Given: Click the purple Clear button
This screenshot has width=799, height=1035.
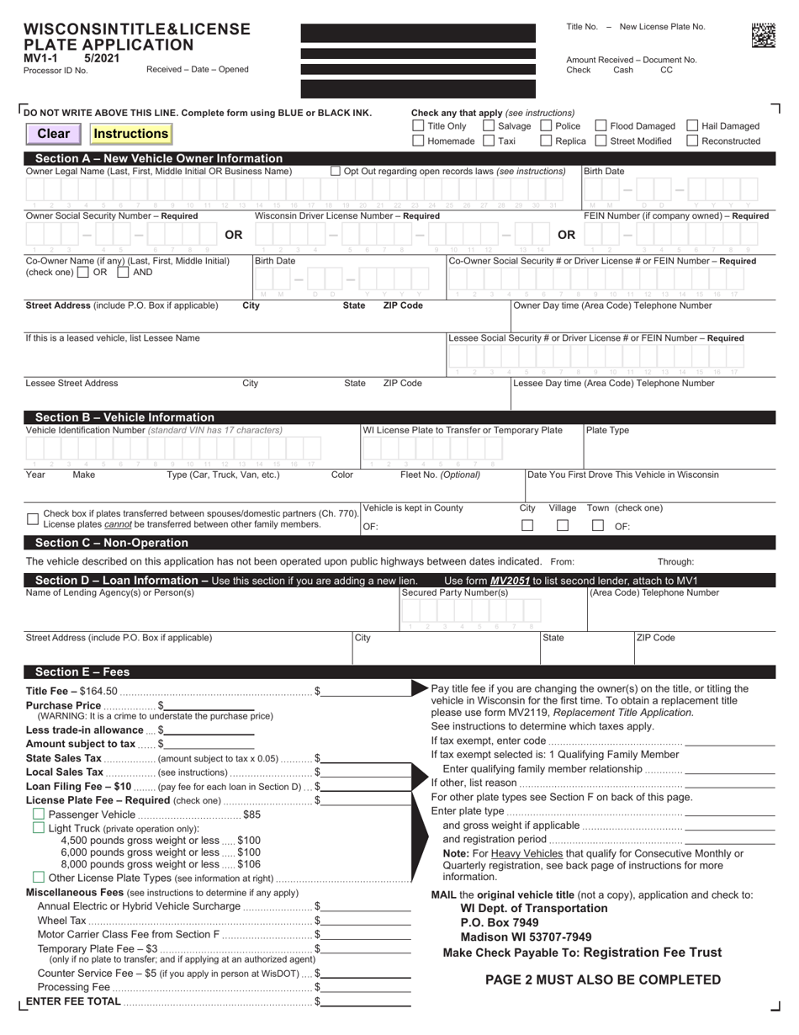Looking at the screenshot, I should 54,134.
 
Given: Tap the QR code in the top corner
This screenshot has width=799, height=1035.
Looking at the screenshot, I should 763,34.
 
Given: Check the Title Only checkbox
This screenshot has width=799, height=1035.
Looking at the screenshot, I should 418,126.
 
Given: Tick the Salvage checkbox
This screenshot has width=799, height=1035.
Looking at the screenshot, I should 489,126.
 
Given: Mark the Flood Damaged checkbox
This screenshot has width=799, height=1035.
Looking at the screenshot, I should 601,126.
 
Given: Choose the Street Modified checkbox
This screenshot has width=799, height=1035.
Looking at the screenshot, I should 601,141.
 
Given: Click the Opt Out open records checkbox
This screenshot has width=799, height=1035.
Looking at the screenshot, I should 336,172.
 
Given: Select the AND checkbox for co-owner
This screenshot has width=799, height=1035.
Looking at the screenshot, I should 123,273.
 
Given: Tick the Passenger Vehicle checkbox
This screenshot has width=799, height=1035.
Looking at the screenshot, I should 38,815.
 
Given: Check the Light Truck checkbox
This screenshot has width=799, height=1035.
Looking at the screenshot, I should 38,828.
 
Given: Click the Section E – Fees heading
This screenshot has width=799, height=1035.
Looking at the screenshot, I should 82,671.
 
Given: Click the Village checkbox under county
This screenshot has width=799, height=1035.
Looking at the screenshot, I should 563,526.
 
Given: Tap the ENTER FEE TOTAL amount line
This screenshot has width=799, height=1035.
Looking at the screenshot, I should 366,1001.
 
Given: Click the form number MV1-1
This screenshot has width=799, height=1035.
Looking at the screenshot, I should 40,59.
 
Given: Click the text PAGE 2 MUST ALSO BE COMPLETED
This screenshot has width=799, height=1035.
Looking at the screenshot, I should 603,979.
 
